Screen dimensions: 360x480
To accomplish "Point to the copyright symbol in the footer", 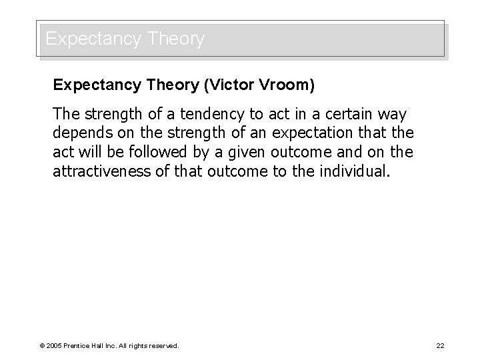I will (42, 345).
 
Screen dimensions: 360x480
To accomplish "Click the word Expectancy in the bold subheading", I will (94, 85).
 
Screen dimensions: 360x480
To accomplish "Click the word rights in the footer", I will (139, 345).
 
